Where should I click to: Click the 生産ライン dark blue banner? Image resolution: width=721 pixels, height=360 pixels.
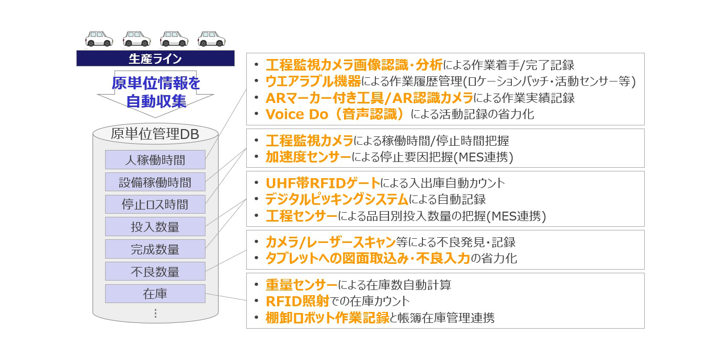point(155,58)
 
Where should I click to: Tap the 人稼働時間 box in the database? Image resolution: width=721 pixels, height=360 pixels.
point(155,159)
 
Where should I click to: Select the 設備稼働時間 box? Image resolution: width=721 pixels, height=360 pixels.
point(155,182)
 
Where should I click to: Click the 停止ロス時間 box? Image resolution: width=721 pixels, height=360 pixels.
point(155,204)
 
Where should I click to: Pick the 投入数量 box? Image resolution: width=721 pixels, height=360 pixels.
point(155,226)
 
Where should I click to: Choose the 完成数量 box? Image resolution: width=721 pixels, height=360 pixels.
point(155,249)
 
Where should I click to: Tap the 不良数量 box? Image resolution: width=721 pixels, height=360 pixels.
point(155,271)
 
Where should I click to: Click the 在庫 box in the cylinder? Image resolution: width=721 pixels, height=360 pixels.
point(155,294)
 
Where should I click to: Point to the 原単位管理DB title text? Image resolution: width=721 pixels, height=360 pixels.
point(155,134)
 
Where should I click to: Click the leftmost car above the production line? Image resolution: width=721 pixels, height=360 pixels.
point(99,39)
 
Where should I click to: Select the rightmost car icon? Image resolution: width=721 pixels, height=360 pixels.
point(211,39)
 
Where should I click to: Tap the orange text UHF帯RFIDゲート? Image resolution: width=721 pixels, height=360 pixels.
point(323,183)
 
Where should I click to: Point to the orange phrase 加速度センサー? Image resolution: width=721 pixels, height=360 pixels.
point(308,157)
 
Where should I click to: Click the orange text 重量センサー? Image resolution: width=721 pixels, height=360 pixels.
point(302,285)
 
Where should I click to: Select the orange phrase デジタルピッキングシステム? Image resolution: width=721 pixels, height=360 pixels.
point(337,200)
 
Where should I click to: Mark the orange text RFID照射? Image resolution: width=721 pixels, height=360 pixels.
point(297,301)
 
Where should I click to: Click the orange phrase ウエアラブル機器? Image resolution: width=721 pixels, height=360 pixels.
point(313,82)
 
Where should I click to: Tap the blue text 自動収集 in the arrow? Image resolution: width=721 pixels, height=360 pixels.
point(156,101)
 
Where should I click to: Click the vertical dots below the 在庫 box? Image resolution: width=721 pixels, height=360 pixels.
point(155,313)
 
